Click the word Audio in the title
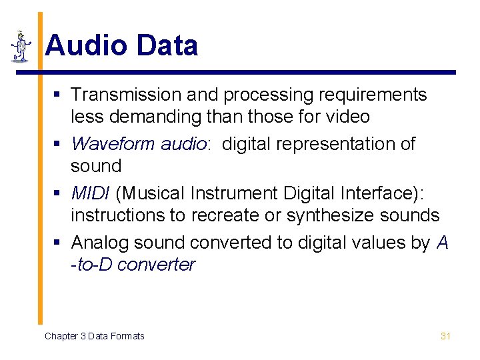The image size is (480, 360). (86, 46)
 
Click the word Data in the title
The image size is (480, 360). (167, 46)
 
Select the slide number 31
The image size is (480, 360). (446, 336)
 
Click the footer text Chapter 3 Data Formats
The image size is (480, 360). (94, 336)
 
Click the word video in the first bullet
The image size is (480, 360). (348, 117)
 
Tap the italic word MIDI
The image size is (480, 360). (91, 193)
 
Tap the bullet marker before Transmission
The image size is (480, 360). (59, 95)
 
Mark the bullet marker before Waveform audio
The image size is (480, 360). (59, 144)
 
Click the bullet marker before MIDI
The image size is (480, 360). (59, 194)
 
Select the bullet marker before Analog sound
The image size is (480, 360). (59, 243)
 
